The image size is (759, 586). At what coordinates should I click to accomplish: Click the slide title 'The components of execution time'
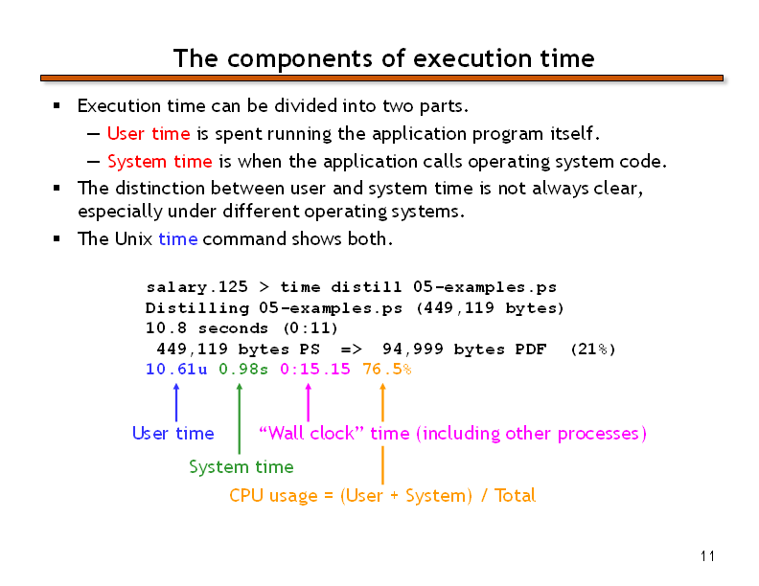384,58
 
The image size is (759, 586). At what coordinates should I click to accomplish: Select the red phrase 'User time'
149,133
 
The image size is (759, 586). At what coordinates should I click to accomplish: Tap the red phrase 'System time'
160,161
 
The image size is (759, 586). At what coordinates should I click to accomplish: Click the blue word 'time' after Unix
177,238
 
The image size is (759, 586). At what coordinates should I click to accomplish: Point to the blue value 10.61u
176,369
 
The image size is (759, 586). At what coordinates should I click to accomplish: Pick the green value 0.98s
243,369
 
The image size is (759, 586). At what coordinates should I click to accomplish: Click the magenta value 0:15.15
315,369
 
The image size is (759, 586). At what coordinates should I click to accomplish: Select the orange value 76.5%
387,369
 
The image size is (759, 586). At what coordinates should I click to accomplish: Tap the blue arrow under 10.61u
176,402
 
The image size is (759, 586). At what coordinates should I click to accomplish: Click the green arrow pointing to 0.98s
240,418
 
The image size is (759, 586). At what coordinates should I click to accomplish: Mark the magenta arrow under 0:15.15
309,402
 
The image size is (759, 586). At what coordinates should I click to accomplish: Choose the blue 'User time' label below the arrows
172,433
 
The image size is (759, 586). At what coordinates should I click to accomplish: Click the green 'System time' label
241,466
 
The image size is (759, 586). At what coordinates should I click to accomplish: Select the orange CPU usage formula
382,496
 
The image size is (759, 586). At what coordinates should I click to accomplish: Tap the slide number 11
707,556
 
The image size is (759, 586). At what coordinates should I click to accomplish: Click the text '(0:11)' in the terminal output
310,327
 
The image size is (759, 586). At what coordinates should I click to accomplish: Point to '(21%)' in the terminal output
593,349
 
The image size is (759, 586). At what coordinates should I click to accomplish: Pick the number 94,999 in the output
412,349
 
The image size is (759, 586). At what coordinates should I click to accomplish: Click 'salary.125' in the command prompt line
196,286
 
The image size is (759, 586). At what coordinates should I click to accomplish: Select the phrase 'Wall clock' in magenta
311,433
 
